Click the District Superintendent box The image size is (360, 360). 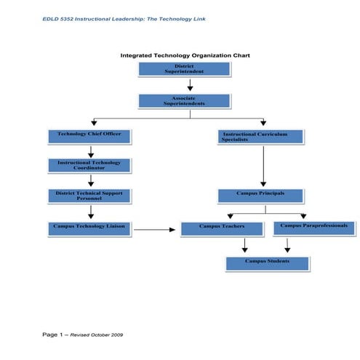click(x=185, y=69)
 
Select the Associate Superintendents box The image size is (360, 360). click(x=185, y=101)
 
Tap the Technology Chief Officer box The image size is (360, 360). click(x=89, y=136)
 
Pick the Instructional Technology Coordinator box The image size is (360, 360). click(x=89, y=165)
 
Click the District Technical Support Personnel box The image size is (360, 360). click(x=89, y=196)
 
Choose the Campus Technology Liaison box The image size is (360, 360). click(x=89, y=228)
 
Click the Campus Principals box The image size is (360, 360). click(x=260, y=196)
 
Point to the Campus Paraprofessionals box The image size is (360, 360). click(x=313, y=228)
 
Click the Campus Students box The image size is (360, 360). click(x=267, y=263)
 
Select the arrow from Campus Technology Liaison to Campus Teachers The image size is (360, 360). click(x=155, y=230)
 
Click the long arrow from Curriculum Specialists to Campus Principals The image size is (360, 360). click(x=263, y=166)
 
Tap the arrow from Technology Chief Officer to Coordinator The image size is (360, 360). click(x=91, y=151)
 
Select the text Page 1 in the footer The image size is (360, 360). click(x=53, y=334)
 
